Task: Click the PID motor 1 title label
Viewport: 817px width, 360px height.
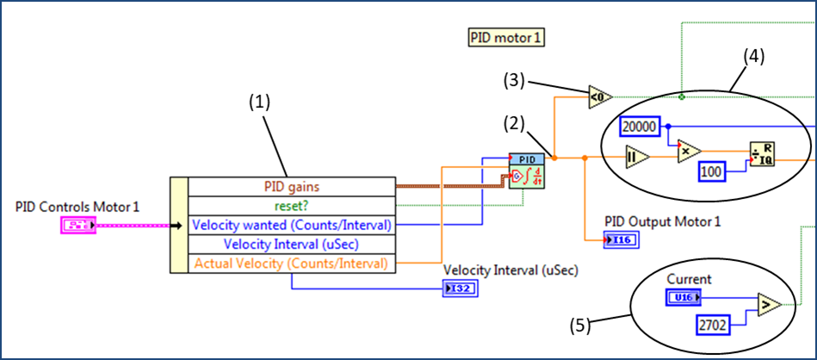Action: (507, 38)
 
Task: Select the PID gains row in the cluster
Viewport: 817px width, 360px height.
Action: (292, 186)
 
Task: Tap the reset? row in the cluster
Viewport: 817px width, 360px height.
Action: (292, 206)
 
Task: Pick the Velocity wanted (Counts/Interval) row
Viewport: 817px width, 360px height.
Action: (292, 225)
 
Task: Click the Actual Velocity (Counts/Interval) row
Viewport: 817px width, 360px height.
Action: (292, 263)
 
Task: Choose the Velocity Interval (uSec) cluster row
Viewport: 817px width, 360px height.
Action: (292, 244)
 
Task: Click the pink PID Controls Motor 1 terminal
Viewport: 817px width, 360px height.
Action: (78, 226)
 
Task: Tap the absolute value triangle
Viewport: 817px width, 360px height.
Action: (637, 158)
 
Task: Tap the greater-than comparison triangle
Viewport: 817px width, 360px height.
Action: (764, 305)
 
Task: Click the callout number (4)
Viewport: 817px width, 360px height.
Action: (753, 58)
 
